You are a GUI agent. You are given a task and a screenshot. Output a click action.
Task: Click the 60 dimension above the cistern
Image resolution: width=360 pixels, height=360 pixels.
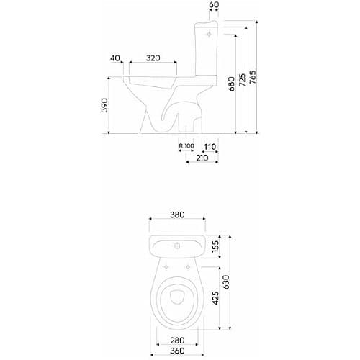pos(214,4)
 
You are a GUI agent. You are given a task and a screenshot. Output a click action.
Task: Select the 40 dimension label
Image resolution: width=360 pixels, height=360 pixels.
pos(115,58)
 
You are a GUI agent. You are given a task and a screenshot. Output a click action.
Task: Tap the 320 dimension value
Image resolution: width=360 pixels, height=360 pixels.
pos(153,58)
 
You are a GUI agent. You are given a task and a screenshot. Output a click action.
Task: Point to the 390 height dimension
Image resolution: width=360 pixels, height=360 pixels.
pos(104,105)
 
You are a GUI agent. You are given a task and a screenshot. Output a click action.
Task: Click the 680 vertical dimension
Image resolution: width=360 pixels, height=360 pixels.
pos(232,84)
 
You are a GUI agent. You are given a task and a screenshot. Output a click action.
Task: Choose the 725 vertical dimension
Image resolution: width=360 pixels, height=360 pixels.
pos(243,80)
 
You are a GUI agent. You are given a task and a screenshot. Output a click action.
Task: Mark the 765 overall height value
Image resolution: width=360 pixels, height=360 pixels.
pos(253,77)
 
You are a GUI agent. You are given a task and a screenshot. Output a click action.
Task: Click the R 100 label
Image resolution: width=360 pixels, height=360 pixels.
pos(186,145)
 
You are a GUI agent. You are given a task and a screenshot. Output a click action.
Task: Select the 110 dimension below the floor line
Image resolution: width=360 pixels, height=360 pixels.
pos(210,146)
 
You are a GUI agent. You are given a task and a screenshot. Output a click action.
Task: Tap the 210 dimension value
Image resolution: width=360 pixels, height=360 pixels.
pos(202,158)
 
